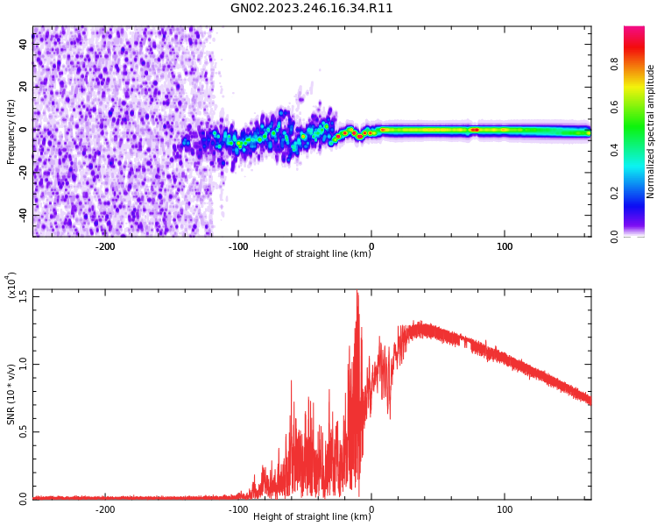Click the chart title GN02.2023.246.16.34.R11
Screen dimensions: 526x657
click(311, 9)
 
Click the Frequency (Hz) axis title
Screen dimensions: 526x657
click(11, 131)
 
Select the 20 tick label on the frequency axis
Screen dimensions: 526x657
click(23, 86)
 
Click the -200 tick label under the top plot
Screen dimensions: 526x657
click(104, 246)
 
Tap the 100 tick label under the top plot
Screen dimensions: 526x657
click(505, 246)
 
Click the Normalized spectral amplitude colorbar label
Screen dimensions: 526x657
click(651, 131)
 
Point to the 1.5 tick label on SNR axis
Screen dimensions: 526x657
click(22, 295)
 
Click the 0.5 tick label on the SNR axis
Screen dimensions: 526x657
click(22, 431)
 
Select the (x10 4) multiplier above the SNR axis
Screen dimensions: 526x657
click(11, 285)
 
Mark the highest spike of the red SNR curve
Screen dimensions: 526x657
click(357, 294)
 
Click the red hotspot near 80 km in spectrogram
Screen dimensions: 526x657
click(475, 130)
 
